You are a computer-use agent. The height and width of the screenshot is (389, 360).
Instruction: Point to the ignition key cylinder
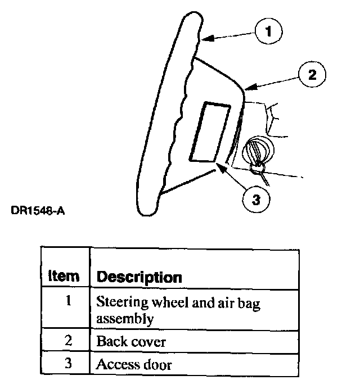coord(256,150)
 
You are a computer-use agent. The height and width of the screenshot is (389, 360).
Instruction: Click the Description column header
coord(139,277)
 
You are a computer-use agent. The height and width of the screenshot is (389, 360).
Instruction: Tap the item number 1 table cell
coord(67,301)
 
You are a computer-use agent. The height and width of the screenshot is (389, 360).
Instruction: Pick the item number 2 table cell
coord(67,341)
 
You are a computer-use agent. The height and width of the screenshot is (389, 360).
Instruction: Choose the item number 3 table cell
coord(67,364)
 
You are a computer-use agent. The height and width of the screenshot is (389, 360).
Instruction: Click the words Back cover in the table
coord(131,341)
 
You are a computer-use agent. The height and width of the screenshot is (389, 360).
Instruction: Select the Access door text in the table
coord(134,364)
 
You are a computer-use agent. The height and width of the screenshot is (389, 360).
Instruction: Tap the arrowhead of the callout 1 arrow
coord(204,39)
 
